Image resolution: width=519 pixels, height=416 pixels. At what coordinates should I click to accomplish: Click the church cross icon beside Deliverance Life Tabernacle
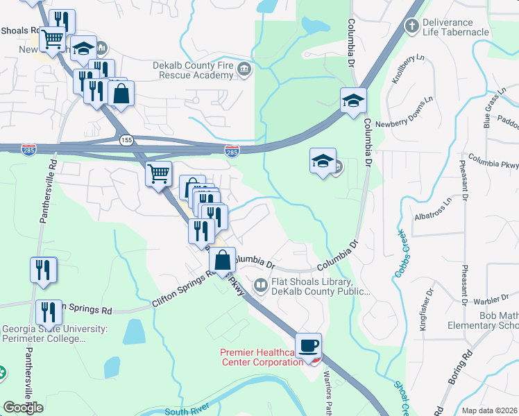point(412,26)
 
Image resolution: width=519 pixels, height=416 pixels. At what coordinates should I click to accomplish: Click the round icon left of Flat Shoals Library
point(260,284)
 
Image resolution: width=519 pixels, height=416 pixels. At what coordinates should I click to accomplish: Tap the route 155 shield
point(126,139)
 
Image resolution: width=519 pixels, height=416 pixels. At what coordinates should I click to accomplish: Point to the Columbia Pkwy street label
point(493,162)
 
